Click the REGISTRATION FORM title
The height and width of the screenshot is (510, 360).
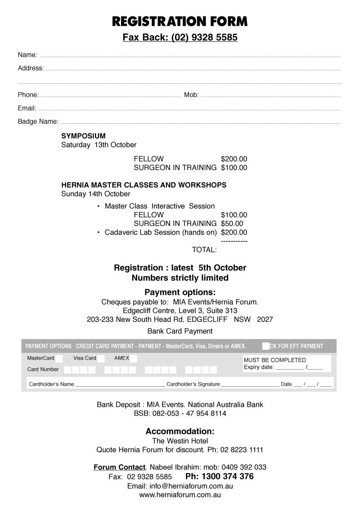(180, 21)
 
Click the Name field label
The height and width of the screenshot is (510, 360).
(27, 55)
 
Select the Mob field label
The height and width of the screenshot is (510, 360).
(191, 95)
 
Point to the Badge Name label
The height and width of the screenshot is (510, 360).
(38, 122)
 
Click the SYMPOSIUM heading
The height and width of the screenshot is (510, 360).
(83, 135)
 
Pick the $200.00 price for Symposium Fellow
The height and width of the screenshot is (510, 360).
(234, 159)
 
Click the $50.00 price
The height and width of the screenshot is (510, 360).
(232, 224)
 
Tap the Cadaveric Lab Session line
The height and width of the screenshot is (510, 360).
(161, 233)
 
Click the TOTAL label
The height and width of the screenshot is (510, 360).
(204, 250)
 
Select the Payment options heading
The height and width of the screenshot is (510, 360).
(180, 292)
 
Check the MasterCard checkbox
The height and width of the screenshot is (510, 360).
(59, 359)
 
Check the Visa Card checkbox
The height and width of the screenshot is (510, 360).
(101, 359)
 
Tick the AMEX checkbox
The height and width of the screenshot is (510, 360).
(133, 359)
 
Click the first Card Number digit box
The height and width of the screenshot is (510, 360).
(67, 370)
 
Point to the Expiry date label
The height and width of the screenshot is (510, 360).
(259, 367)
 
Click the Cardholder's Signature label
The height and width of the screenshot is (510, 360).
(193, 384)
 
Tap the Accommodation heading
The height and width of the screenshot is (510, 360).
(180, 431)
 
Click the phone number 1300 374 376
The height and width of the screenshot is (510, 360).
(220, 476)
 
